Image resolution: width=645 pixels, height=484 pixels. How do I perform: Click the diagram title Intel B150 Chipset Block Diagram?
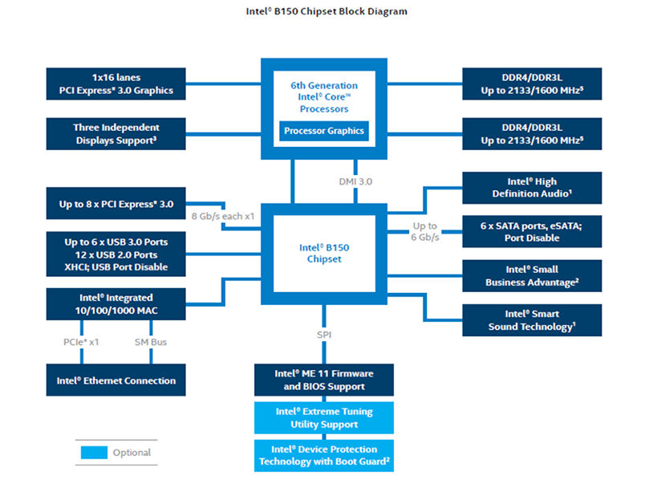(326, 12)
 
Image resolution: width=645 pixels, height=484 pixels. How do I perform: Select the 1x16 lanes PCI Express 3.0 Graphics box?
(116, 84)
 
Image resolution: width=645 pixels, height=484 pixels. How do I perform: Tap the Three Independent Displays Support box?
(116, 133)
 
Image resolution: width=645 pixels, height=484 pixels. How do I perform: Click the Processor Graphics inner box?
(324, 131)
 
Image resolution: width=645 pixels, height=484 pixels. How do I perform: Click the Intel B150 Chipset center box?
(325, 253)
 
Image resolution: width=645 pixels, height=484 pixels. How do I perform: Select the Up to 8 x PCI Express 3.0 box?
(116, 205)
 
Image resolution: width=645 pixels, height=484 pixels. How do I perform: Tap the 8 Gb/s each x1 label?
(222, 217)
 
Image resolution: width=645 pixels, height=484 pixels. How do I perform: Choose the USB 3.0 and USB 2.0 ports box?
(116, 254)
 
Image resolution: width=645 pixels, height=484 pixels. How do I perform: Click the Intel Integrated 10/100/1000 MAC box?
(116, 303)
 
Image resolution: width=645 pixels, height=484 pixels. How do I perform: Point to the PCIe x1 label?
(82, 342)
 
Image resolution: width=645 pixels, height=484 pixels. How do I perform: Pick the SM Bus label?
(151, 342)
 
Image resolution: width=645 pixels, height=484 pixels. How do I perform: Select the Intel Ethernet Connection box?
(116, 380)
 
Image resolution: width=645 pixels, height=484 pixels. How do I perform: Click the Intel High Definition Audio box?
(531, 188)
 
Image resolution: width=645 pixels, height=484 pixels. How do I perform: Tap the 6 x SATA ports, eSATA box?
(531, 232)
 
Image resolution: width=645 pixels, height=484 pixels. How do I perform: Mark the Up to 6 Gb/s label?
(425, 232)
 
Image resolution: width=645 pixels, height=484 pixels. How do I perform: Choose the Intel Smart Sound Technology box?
(531, 320)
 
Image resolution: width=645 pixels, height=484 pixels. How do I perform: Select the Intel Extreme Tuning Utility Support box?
(324, 417)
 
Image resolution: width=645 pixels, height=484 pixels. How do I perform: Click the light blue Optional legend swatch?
(93, 453)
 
